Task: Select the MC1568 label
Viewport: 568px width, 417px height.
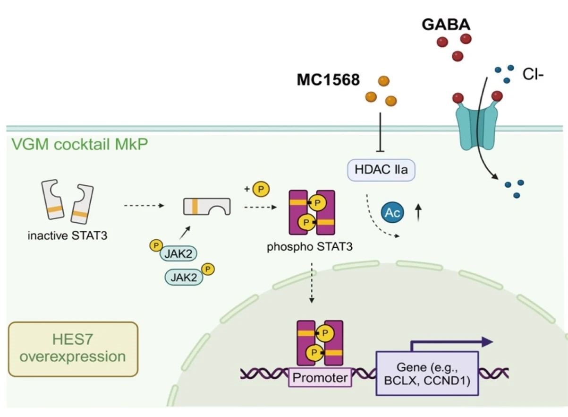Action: [x=328, y=80]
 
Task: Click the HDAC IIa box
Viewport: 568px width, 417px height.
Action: [x=381, y=169]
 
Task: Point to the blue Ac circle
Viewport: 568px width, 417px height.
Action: [x=393, y=213]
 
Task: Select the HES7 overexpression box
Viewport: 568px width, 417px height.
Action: [x=73, y=349]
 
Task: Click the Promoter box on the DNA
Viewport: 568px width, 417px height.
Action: [x=320, y=378]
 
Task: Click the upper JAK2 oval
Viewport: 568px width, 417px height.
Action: [x=179, y=254]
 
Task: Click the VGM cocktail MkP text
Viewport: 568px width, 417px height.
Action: [x=78, y=144]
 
